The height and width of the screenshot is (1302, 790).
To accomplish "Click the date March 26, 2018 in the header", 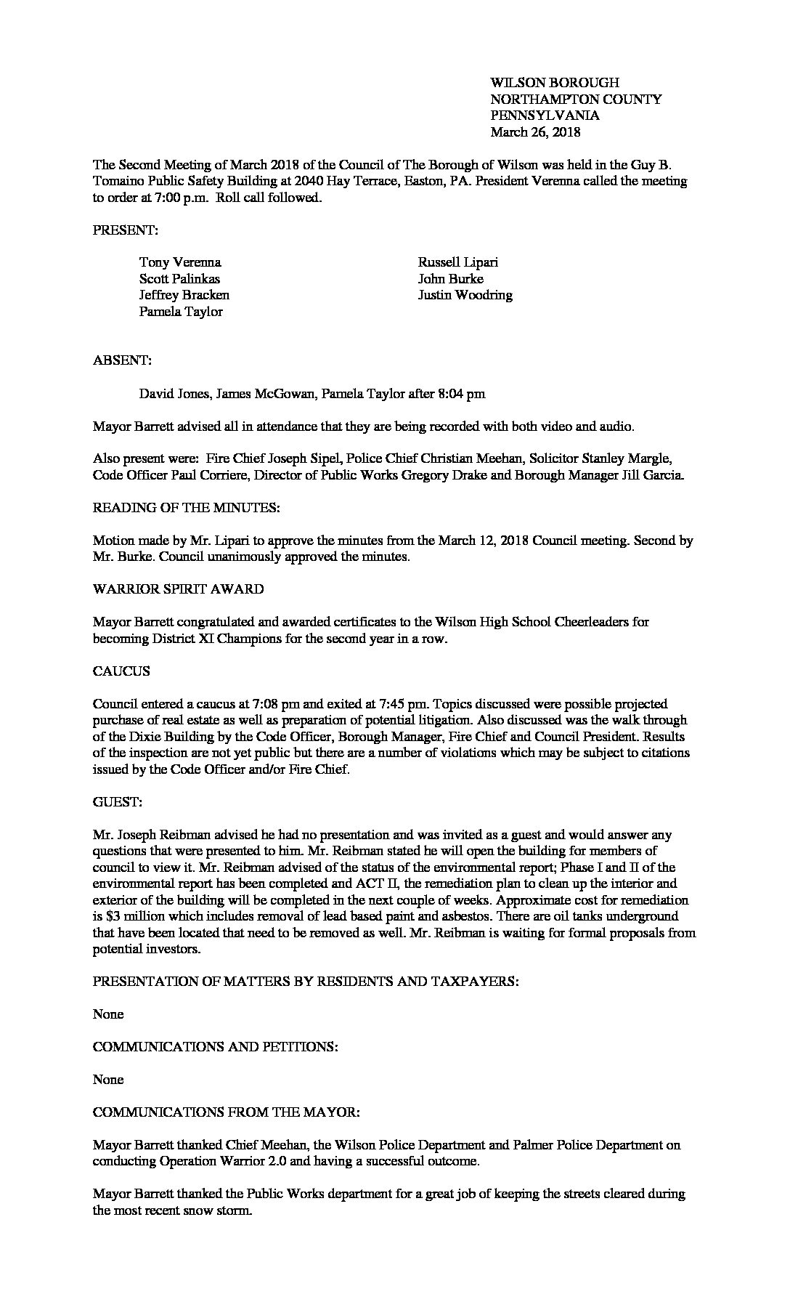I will (x=535, y=132).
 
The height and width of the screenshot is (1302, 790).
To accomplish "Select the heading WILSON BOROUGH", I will (x=555, y=83).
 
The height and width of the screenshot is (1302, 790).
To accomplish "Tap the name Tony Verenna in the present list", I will (x=180, y=262).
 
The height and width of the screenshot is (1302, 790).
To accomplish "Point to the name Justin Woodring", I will (x=465, y=295).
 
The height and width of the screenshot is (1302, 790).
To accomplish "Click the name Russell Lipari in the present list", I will (x=457, y=262).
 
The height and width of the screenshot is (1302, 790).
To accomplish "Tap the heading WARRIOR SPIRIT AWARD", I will (x=178, y=589).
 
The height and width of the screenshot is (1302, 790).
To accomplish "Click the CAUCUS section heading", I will (x=121, y=671).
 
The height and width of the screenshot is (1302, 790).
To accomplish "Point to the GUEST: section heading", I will (x=118, y=802).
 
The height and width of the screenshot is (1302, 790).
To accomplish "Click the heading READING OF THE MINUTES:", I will (x=186, y=508).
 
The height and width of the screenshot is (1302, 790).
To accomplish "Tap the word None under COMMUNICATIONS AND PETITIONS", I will (x=108, y=1080).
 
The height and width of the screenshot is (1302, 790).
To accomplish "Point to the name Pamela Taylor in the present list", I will (x=181, y=312).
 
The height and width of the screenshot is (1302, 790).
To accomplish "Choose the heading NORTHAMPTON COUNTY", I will (x=576, y=100).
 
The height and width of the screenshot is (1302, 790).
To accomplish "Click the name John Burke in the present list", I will (x=450, y=279).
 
